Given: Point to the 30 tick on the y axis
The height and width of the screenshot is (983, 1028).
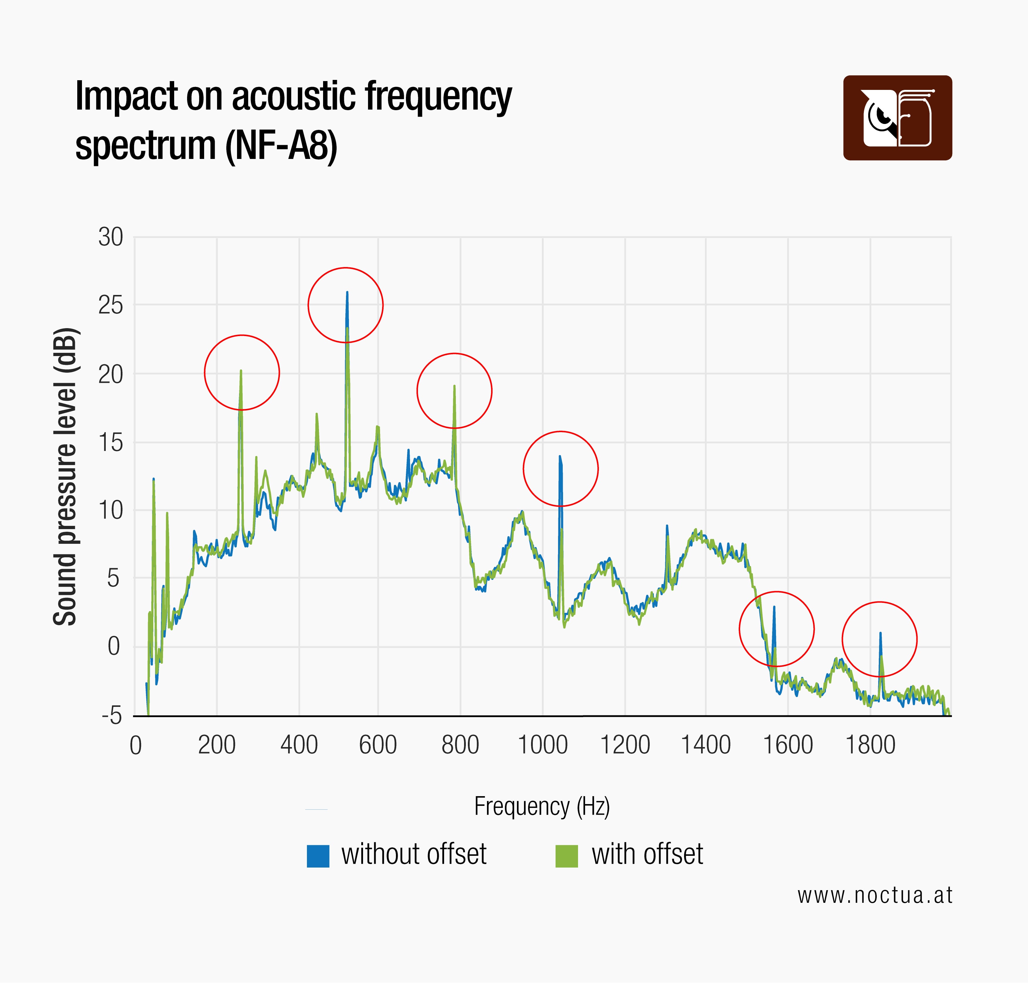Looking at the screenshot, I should pos(110,237).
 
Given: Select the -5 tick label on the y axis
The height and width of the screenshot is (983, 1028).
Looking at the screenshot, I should pos(112,715).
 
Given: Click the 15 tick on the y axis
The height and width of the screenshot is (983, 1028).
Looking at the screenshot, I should pos(110,443).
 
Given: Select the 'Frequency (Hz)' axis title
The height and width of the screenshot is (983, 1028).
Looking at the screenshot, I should pos(542,806).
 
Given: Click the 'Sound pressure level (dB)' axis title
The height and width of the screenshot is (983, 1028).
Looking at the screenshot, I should pos(65,477).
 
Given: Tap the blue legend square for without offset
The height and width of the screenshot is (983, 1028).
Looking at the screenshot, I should pos(318,856).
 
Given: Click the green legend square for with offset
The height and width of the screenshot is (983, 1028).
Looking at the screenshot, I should pos(566,856).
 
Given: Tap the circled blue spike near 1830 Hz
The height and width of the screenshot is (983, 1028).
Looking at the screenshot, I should pos(880,633).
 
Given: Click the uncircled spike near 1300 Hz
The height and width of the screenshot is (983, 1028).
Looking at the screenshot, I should pos(667,526).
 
